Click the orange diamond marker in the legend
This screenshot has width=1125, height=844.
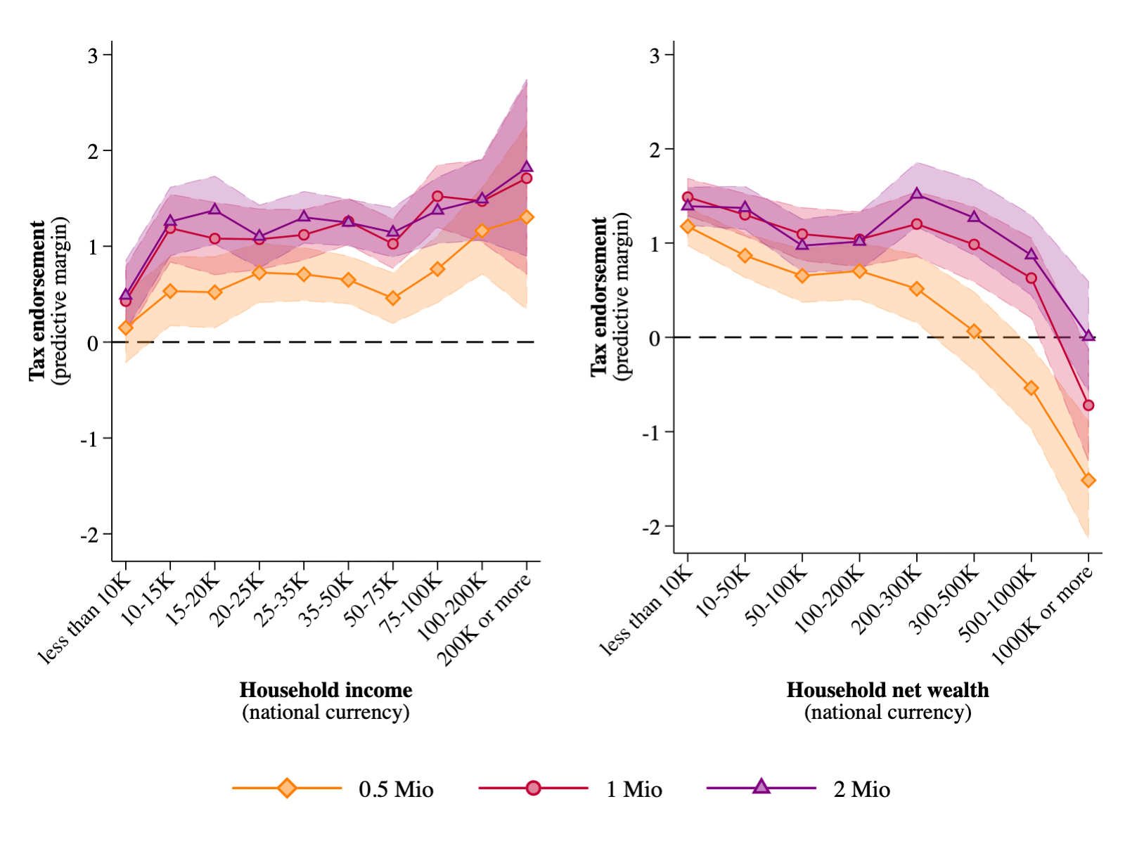(x=287, y=788)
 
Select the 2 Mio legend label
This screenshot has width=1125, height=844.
(x=861, y=789)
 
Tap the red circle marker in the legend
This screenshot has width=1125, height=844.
(x=534, y=788)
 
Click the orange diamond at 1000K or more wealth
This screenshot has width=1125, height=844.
(x=1088, y=480)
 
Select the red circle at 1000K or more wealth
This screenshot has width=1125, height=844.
(x=1088, y=405)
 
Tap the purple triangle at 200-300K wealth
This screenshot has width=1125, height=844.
(x=917, y=194)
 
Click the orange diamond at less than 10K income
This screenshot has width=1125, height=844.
(x=126, y=327)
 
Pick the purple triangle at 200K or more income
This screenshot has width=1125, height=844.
(x=527, y=167)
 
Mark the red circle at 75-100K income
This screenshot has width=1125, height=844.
(x=437, y=196)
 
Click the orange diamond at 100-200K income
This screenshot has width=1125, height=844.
(x=482, y=231)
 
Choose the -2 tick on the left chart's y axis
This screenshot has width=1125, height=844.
(x=89, y=534)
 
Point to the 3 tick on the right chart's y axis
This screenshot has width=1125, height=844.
(x=655, y=55)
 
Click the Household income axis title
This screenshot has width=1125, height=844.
(x=326, y=689)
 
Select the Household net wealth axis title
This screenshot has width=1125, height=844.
(x=887, y=689)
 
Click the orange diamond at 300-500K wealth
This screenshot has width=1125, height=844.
(x=974, y=331)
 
